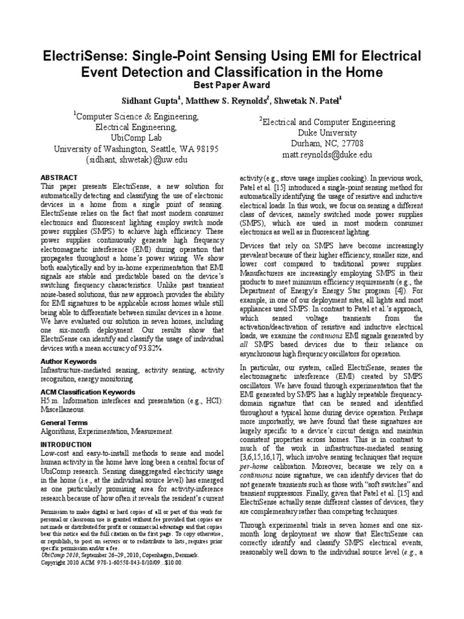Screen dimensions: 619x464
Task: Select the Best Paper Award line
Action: (x=231, y=85)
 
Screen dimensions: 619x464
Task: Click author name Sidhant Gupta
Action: (x=153, y=99)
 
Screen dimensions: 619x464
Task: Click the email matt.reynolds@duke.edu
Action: (x=327, y=155)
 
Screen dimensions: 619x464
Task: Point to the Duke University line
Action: (x=327, y=133)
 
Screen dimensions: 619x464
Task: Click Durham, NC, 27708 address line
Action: (x=327, y=144)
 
